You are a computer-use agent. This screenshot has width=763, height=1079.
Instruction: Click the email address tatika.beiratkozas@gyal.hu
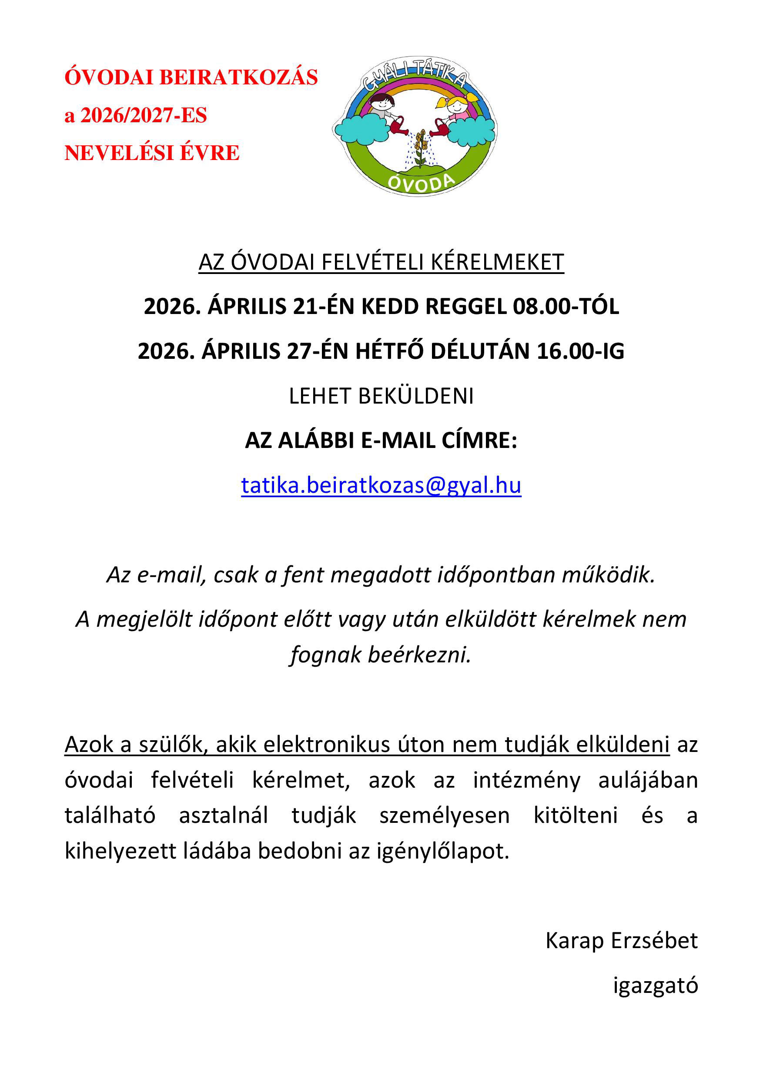381,485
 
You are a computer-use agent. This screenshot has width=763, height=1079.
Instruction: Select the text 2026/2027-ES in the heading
144,116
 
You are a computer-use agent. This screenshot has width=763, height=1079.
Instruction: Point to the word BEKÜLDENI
415,396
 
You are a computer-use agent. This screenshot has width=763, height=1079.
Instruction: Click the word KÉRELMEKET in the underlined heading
497,262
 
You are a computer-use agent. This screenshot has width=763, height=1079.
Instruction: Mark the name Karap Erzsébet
621,941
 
